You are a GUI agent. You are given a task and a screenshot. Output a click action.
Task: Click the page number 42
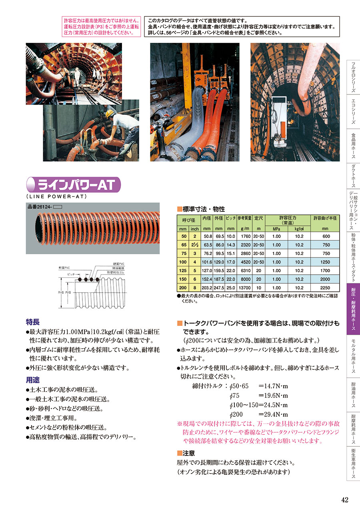(345, 500)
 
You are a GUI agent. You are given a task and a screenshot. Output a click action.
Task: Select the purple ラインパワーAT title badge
(73, 185)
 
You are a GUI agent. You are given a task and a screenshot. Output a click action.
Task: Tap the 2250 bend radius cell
(325, 287)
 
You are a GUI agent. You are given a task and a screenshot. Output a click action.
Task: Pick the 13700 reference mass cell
(244, 287)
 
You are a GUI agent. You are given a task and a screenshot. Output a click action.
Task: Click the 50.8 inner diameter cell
(208, 236)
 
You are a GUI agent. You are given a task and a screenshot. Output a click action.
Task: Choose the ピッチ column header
(231, 218)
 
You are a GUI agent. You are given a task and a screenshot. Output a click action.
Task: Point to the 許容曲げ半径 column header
(325, 218)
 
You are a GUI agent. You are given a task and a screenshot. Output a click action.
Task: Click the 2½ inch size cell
(194, 245)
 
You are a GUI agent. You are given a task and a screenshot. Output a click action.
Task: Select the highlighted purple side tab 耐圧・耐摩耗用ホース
(353, 309)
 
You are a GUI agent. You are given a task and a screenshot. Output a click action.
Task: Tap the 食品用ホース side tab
(353, 146)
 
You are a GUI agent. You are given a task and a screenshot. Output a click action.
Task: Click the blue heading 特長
(32, 322)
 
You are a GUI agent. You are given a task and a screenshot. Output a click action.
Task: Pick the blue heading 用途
(32, 380)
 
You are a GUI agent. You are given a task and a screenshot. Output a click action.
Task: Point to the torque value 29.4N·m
(273, 414)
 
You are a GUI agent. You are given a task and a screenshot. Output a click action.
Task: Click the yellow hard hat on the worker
(110, 113)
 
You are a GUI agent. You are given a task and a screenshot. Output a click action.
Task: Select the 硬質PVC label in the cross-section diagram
(119, 264)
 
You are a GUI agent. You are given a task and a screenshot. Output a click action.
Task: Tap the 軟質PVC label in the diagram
(64, 268)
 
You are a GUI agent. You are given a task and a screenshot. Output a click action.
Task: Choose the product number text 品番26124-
(40, 207)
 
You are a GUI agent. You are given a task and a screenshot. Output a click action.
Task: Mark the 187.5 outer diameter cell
(219, 279)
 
